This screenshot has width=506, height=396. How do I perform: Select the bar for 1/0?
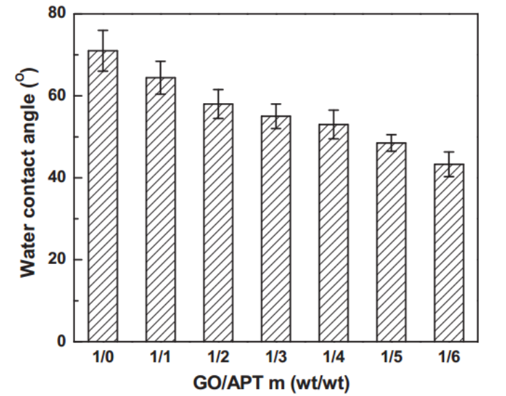pyautogui.click(x=103, y=196)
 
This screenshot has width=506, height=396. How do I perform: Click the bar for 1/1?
pyautogui.click(x=160, y=209)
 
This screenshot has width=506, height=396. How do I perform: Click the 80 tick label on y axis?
pyautogui.click(x=58, y=14)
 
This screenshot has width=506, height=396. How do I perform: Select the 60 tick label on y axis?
pyautogui.click(x=58, y=96)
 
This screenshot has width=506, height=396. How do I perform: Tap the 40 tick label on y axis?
pyautogui.click(x=58, y=177)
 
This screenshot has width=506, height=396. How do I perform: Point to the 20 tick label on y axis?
pyautogui.click(x=58, y=260)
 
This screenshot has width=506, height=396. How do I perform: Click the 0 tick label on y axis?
pyautogui.click(x=62, y=342)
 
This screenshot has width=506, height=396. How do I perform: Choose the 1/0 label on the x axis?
pyautogui.click(x=103, y=357)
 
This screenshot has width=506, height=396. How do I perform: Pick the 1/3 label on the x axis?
pyautogui.click(x=275, y=357)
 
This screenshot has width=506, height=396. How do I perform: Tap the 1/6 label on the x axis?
pyautogui.click(x=447, y=357)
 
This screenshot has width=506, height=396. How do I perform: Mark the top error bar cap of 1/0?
pyautogui.click(x=103, y=30)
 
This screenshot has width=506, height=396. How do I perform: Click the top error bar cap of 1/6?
pyautogui.click(x=447, y=152)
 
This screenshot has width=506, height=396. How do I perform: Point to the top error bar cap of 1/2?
pyautogui.click(x=218, y=89)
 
